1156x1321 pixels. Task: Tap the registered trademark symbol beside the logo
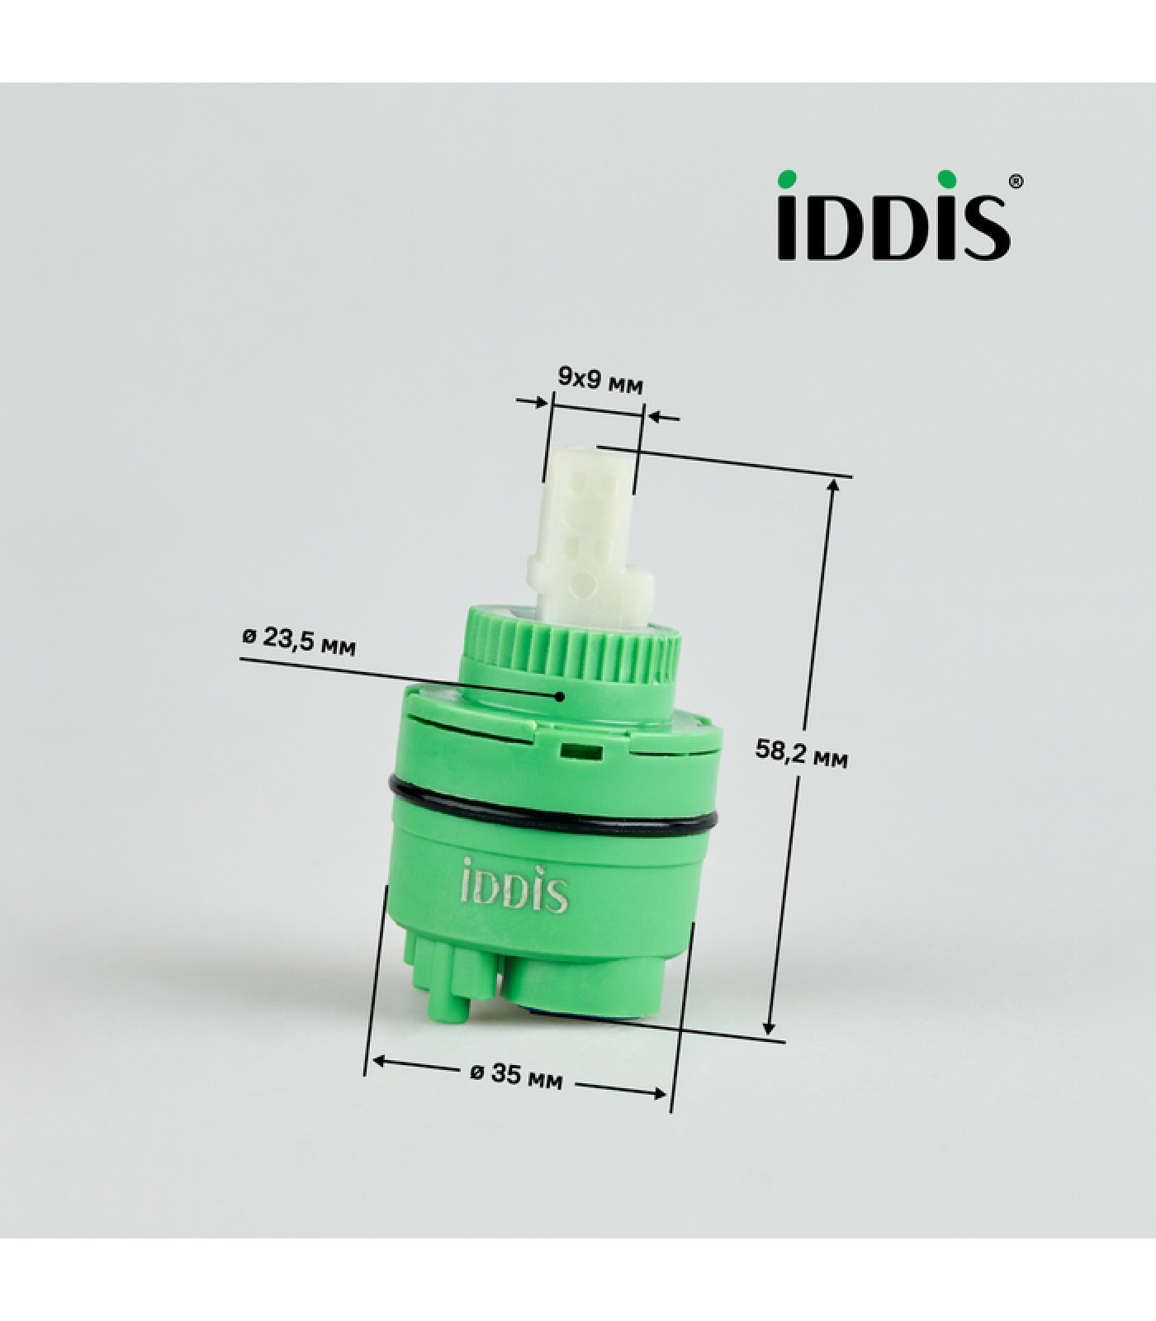pos(1016,180)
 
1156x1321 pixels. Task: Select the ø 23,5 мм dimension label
pos(300,641)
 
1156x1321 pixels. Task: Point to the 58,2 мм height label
pos(801,752)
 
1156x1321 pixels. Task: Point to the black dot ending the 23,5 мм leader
pos(560,695)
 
